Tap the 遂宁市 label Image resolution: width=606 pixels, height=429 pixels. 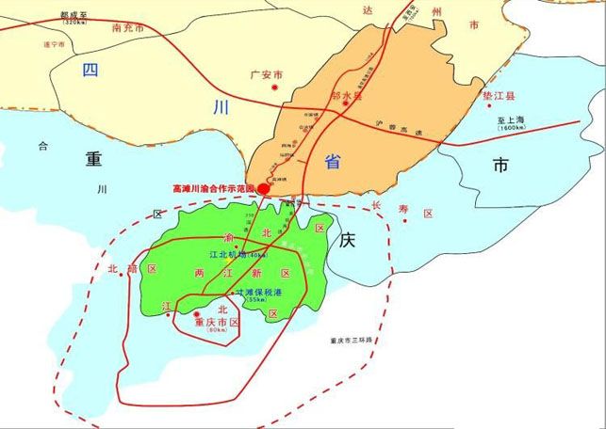click(x=55, y=44)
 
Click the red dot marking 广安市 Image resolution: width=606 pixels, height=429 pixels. click(x=274, y=87)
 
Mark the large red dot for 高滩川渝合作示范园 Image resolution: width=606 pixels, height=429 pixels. click(x=264, y=188)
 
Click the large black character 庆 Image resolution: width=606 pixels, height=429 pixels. click(x=346, y=241)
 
